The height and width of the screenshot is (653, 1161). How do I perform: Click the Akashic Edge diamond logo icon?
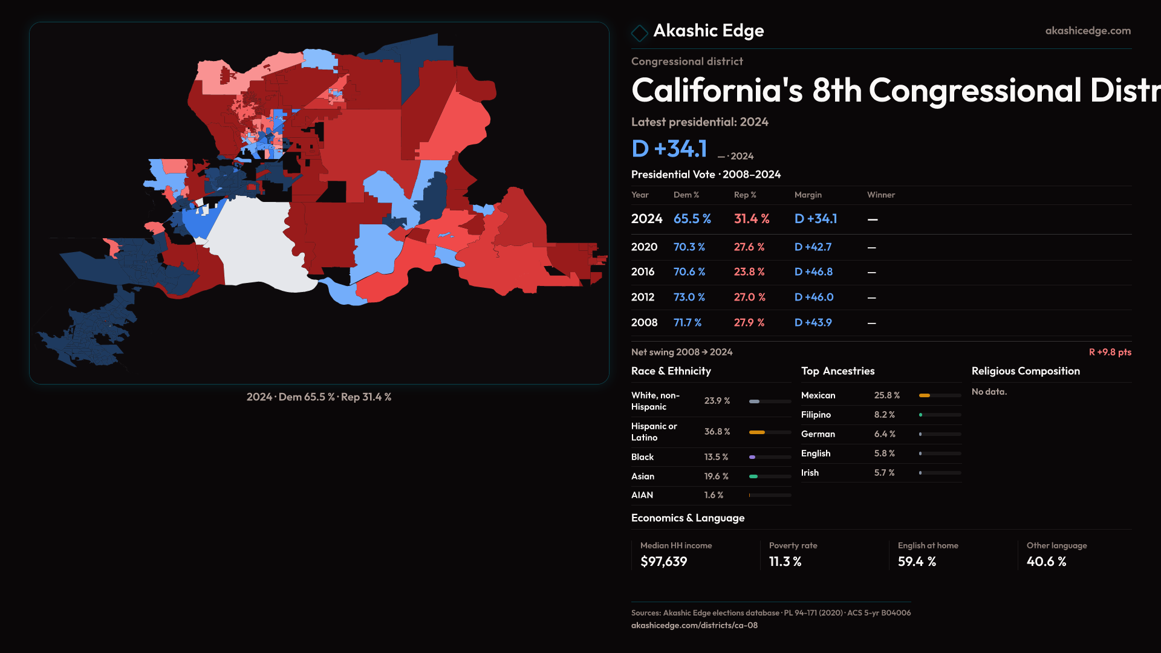click(639, 33)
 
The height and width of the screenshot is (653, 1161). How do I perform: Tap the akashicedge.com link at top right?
click(1087, 31)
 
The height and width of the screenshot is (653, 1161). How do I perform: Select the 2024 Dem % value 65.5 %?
click(692, 219)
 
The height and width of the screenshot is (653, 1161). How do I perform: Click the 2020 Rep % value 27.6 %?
click(749, 247)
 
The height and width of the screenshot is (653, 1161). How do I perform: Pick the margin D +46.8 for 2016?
click(813, 272)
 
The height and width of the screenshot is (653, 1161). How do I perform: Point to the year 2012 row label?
click(642, 297)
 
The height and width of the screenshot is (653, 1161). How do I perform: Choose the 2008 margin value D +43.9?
click(813, 323)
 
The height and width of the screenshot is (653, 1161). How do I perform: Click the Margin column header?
click(808, 195)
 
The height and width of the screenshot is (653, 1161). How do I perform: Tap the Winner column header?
click(880, 195)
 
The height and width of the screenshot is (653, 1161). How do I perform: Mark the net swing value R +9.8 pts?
click(1110, 352)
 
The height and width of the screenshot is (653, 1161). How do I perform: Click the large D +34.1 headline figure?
click(669, 149)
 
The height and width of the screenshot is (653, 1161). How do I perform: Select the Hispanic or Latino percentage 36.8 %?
click(717, 432)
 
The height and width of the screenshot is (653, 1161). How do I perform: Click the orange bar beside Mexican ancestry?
click(924, 395)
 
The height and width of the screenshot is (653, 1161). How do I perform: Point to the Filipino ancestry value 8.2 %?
click(884, 415)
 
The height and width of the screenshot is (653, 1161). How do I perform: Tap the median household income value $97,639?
click(663, 562)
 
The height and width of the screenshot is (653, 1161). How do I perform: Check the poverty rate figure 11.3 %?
click(785, 562)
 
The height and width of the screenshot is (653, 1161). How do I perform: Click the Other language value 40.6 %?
click(1046, 562)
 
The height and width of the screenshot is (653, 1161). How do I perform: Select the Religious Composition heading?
click(1025, 371)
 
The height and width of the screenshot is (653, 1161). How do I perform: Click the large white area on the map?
click(254, 242)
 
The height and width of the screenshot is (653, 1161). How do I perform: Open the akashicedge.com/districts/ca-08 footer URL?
click(694, 625)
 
